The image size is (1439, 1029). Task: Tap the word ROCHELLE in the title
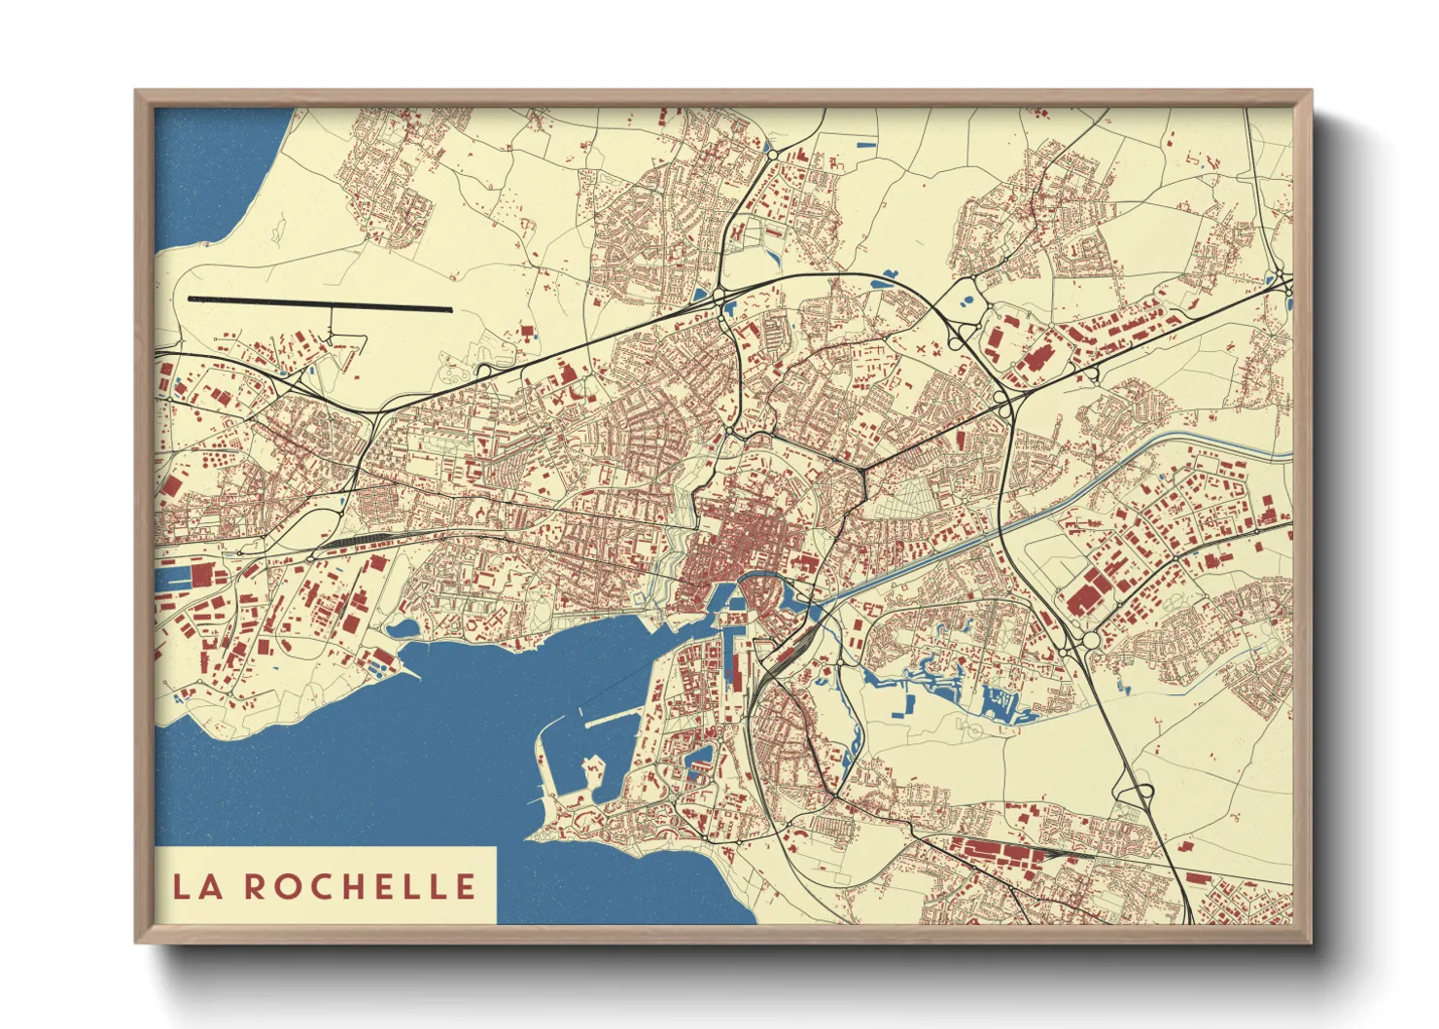pyautogui.click(x=360, y=886)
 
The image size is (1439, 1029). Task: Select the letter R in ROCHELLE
pyautogui.click(x=256, y=886)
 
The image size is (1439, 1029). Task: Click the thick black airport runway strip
pyautogui.click(x=320, y=304)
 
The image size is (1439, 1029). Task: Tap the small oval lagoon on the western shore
pyautogui.click(x=402, y=629)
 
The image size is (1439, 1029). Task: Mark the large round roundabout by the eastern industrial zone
pyautogui.click(x=1089, y=639)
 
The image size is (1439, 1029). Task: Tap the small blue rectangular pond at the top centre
pyautogui.click(x=864, y=146)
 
